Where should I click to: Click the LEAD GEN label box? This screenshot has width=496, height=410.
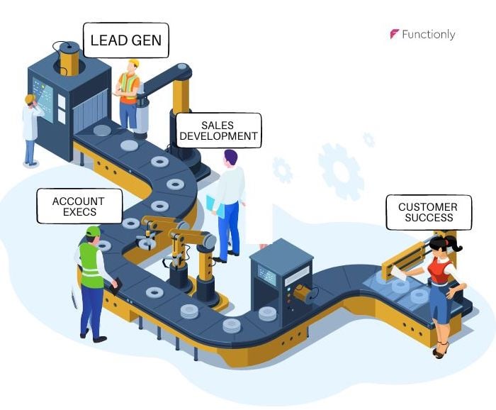click(x=126, y=41)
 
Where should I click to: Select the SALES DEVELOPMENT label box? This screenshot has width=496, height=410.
click(x=218, y=131)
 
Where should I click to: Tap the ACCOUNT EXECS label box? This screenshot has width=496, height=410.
click(x=79, y=206)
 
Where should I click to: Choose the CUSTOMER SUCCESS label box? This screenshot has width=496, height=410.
click(x=428, y=212)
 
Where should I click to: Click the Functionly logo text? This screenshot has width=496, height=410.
click(x=428, y=34)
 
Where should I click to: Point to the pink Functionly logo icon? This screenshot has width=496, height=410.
click(x=395, y=34)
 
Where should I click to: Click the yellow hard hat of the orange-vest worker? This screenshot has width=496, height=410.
click(x=132, y=63)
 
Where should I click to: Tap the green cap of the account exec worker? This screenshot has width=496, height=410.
click(x=92, y=231)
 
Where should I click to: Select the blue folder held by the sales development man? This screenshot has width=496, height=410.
click(x=215, y=206)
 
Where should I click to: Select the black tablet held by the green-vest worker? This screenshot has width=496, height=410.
click(x=113, y=285)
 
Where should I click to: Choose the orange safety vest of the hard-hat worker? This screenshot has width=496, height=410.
click(x=128, y=88)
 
